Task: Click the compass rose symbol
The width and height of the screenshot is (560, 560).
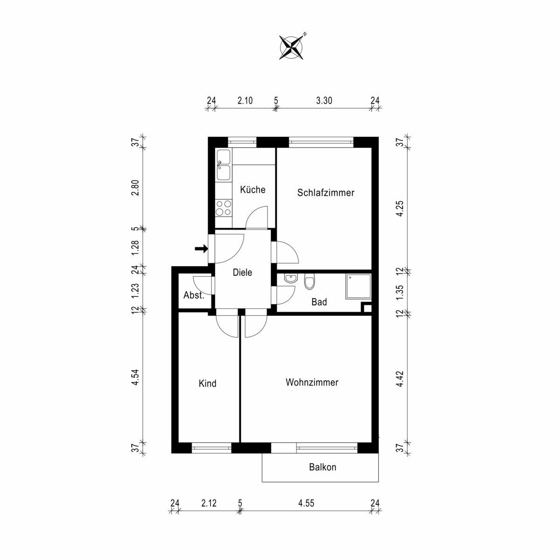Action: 291,48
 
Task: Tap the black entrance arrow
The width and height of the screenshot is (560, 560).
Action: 201,248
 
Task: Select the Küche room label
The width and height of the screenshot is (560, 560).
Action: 252,190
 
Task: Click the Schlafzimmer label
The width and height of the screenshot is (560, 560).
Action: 325,193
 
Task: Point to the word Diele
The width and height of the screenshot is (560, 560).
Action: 242,272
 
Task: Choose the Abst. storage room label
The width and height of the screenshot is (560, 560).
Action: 194,295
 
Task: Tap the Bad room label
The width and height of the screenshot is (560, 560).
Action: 319,302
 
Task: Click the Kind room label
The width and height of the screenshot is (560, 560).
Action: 208,383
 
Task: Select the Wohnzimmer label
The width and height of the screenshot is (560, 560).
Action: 312,382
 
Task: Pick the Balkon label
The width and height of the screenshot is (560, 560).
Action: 322,467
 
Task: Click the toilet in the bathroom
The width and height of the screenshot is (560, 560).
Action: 309,282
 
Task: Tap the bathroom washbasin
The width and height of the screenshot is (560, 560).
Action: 290,279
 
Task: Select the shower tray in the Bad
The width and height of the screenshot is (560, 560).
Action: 358,286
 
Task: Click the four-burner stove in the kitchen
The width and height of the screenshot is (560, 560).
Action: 224,208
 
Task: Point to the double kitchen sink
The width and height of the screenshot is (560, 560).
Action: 224,165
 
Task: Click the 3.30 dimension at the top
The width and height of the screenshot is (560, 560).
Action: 324,100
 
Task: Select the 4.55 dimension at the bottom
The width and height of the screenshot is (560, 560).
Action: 306,503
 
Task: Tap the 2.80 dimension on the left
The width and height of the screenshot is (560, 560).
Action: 135,188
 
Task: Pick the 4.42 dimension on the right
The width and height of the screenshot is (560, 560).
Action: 400,378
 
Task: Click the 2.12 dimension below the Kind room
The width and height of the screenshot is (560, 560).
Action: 209,503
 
